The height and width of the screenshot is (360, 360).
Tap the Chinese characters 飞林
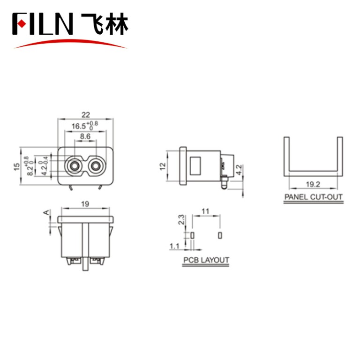coord(104,23)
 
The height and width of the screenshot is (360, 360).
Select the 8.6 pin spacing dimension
coord(85,136)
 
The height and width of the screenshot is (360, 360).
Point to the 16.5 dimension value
coord(80,127)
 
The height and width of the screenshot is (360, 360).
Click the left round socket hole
coord(74,166)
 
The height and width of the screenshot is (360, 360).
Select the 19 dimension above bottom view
coord(85,204)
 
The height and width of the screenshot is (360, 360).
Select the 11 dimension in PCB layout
coord(205,211)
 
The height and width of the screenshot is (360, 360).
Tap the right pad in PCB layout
coord(219,234)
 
